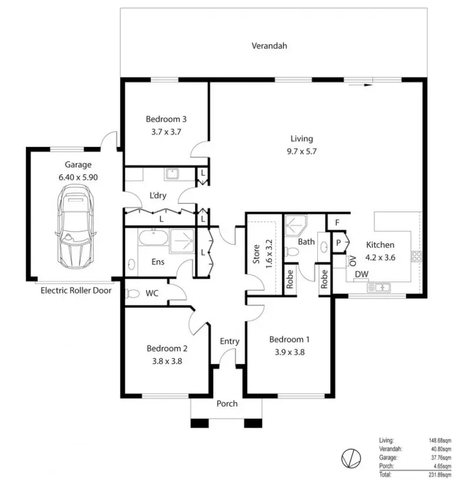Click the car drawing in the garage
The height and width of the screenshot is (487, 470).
75,226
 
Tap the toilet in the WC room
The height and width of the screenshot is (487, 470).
132,294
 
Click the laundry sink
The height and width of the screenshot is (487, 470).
172,174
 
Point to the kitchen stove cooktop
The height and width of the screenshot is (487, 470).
417,256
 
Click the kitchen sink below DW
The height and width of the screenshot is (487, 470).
379,288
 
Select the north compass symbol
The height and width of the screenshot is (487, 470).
351,458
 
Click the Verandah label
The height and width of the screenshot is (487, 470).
269,46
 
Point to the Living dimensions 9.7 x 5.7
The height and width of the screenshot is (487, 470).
301,152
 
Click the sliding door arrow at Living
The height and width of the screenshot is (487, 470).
360,85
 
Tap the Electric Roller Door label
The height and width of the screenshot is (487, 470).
76,291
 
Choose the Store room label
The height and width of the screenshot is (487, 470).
256,254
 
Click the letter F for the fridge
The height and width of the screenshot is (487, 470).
337,223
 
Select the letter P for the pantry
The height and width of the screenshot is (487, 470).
338,243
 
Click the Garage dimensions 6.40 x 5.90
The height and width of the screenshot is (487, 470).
78,177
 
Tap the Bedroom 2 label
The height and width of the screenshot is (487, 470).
167,348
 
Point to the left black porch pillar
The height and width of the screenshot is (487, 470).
199,424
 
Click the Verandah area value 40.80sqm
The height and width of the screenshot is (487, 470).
441,449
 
